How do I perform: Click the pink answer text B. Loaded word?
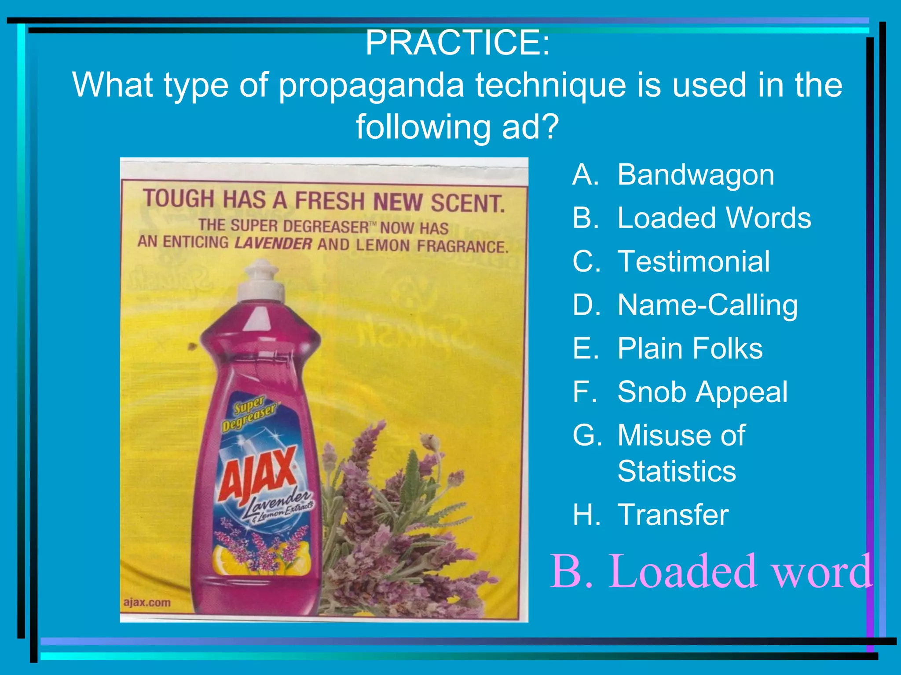coord(710,571)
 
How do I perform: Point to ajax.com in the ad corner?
coord(147,602)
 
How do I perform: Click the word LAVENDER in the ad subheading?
coord(273,243)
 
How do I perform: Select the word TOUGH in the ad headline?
coord(178,199)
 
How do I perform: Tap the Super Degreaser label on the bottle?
coord(249,414)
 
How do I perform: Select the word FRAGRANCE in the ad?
coord(462,246)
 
